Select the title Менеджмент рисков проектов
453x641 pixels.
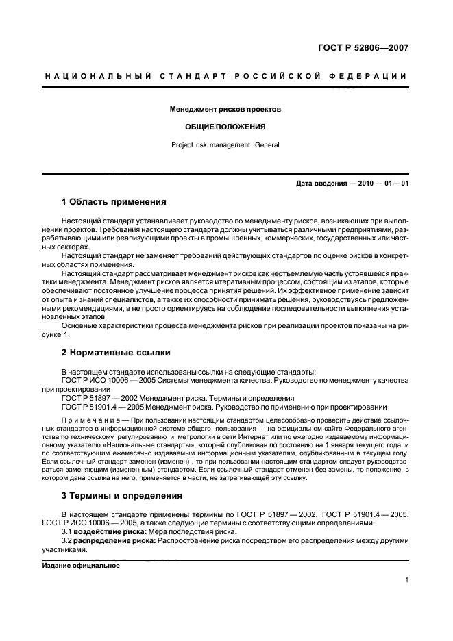225,109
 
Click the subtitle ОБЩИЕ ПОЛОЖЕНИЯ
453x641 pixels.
225,127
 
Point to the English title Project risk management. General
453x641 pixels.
225,144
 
